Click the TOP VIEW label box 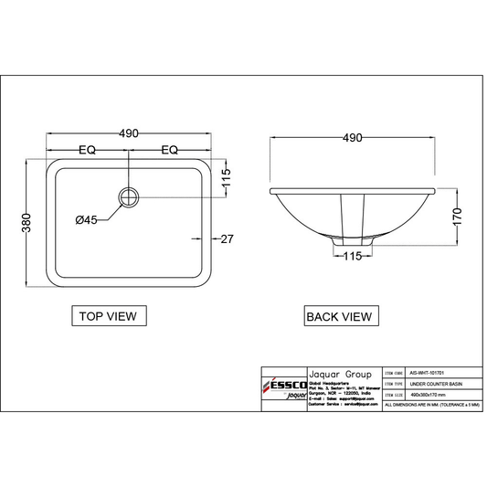point(107,317)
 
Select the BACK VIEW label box point(338,317)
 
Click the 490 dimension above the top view point(129,133)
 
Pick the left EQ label point(88,150)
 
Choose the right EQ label point(171,150)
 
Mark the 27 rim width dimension point(228,238)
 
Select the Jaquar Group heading point(338,375)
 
